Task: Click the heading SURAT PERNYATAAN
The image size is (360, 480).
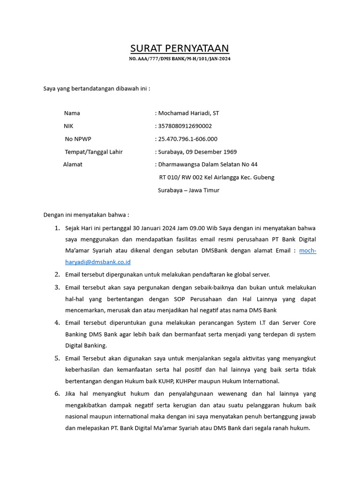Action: (x=180, y=48)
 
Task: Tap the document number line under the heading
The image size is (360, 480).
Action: (x=180, y=59)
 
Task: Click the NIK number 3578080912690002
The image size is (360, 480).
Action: (x=185, y=126)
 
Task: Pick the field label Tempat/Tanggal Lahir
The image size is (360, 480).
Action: (x=94, y=152)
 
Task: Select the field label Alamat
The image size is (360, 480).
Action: (x=73, y=165)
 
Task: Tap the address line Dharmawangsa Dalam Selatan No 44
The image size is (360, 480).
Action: (x=208, y=165)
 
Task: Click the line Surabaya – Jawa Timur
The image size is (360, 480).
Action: (x=188, y=190)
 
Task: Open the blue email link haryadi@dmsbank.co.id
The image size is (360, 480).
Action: (x=98, y=262)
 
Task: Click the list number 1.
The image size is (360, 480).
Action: (x=57, y=228)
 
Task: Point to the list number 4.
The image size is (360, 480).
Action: (x=57, y=322)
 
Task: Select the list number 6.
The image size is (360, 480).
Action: (x=57, y=394)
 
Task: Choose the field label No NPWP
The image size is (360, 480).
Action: (x=78, y=139)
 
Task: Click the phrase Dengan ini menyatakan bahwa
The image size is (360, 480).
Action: (x=85, y=215)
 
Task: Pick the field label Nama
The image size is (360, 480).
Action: (x=72, y=113)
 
